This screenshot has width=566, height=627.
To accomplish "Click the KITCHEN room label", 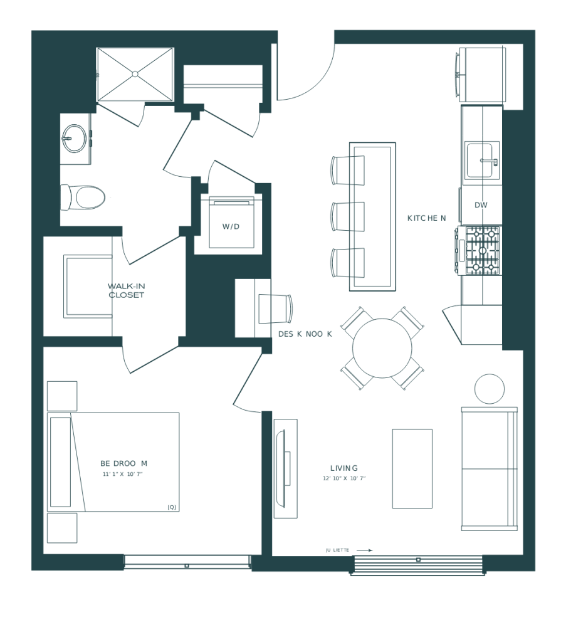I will pos(426,218).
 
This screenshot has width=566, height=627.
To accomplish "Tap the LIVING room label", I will pos(343,468).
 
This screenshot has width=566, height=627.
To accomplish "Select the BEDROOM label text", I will pos(123,463).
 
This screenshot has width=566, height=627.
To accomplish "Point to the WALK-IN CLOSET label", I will pos(126,290).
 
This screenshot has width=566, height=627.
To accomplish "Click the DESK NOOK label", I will pos(305,334).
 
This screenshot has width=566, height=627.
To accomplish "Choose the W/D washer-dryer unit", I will pos(231,223).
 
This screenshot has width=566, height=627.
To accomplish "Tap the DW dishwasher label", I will pos(481,205).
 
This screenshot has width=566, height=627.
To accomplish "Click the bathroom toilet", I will pos(85,198).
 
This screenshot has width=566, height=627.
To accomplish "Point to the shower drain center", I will pos(135,74).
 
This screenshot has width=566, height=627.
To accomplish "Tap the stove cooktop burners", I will pos(481,250).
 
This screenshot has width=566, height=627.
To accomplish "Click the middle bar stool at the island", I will pos(348,216).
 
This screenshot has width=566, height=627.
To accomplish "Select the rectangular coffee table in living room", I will pos(412,468).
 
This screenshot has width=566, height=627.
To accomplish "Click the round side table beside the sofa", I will pos(490,389).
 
